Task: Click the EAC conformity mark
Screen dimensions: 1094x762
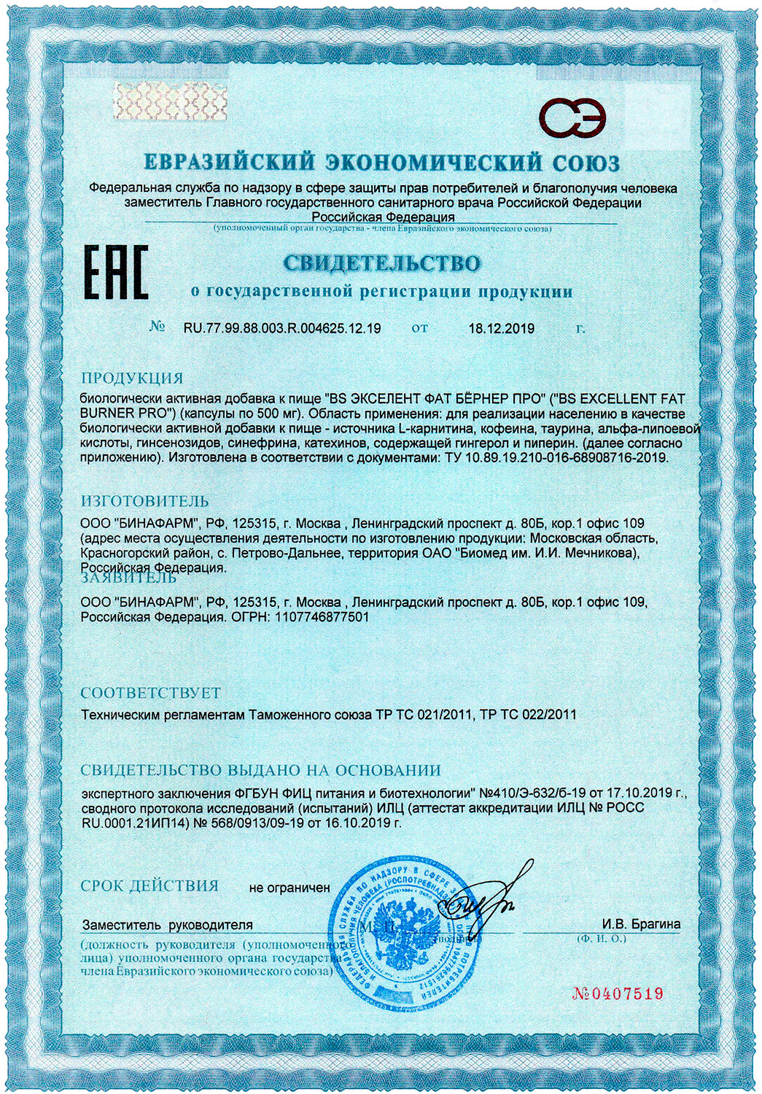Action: point(118,271)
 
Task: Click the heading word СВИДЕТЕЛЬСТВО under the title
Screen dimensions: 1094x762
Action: point(382,263)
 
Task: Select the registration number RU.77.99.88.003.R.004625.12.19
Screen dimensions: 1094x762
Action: point(282,328)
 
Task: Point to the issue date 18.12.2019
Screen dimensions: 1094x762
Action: point(501,328)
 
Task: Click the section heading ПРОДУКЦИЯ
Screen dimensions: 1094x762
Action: point(132,378)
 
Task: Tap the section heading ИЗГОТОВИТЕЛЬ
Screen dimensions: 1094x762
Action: point(145,501)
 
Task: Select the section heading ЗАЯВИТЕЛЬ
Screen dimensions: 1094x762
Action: point(128,578)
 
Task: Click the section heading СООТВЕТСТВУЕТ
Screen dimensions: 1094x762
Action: point(150,692)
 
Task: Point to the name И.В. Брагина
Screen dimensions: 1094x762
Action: point(641,924)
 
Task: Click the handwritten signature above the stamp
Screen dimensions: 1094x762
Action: point(482,897)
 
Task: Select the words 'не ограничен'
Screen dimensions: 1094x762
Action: point(289,888)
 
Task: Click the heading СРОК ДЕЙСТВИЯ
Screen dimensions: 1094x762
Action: point(149,886)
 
